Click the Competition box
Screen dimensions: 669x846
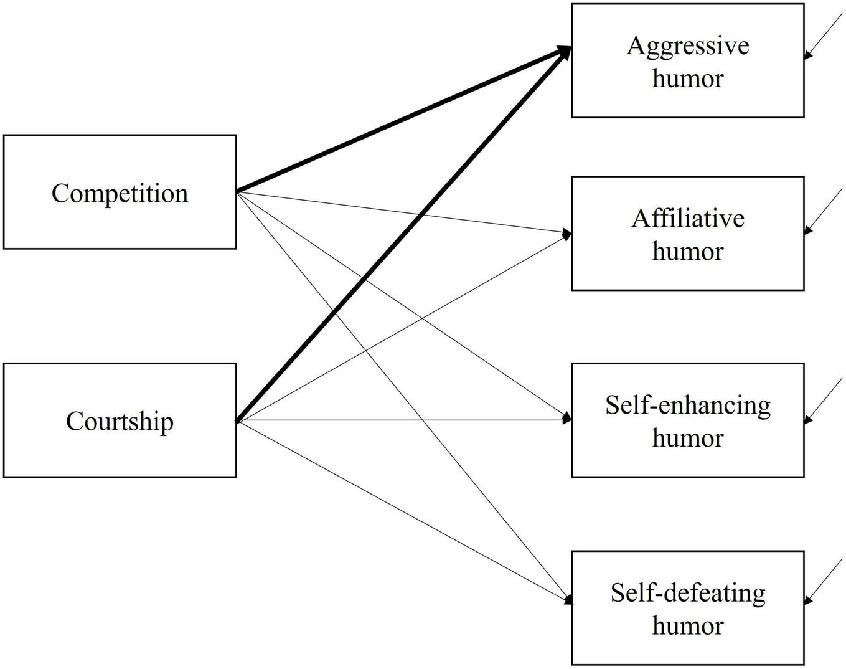(120, 192)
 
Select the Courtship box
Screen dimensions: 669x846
(120, 420)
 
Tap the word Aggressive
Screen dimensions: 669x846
(687, 45)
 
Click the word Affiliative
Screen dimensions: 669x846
(687, 219)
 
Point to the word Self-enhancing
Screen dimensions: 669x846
(687, 406)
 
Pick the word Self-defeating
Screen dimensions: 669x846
(687, 592)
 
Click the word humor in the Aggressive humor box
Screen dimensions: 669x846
(687, 78)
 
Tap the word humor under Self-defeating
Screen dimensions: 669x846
(687, 625)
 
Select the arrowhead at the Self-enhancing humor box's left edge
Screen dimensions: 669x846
(566, 419)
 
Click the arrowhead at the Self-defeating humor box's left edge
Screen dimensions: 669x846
(567, 600)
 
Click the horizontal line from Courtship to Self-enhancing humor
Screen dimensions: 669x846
(405, 420)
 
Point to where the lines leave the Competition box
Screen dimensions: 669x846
(238, 191)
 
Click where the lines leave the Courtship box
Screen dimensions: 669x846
(238, 422)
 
